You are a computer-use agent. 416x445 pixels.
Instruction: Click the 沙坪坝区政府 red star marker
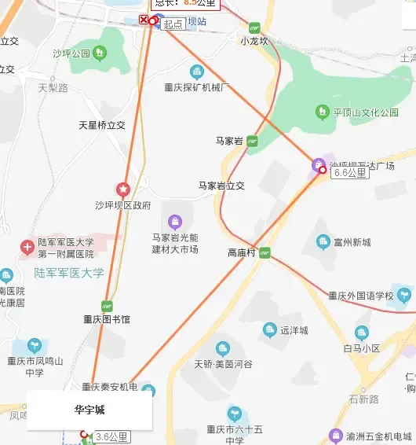[x=123, y=189]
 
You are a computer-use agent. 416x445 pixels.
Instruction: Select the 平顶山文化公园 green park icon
[x=322, y=112]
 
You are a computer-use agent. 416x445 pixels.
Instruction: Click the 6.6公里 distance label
[x=350, y=173]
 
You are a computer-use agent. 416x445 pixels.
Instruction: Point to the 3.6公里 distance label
[x=111, y=436]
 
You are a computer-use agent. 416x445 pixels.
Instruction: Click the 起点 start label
[x=173, y=24]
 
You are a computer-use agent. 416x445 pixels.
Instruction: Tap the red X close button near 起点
[x=143, y=20]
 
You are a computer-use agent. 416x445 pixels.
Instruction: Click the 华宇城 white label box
[x=89, y=410]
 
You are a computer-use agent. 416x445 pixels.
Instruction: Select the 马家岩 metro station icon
[x=252, y=141]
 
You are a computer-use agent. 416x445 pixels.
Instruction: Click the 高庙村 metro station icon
[x=265, y=253]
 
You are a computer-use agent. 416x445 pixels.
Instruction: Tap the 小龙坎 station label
[x=254, y=41]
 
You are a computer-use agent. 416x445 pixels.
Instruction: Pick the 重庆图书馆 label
[x=107, y=320]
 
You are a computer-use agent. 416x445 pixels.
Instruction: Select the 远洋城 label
[x=294, y=330]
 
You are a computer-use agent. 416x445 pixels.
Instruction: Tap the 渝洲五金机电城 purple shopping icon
[x=336, y=436]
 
